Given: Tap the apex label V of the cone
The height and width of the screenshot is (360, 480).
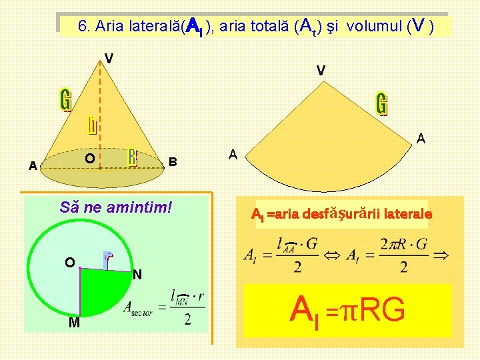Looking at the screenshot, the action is tap(109, 58).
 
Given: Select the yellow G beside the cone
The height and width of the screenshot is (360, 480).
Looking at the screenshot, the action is tap(65, 101).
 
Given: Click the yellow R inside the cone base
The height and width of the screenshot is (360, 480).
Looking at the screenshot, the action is tap(133, 157).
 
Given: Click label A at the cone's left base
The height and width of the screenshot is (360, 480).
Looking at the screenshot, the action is tap(33, 166).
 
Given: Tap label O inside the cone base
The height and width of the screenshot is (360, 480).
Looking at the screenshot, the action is tap(89, 159).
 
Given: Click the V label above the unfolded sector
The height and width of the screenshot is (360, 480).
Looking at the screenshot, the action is tap(321, 70).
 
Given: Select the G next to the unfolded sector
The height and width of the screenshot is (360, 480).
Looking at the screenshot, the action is tap(381, 104).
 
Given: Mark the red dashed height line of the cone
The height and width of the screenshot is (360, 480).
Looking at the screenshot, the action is tap(101, 113).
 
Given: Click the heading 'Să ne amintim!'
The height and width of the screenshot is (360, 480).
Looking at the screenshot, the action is tap(115, 207).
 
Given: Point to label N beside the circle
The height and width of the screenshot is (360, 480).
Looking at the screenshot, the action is tap(137, 275).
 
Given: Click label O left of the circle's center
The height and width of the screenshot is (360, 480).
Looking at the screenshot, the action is tap(69, 262).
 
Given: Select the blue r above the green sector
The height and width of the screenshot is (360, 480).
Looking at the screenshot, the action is tap(108, 257).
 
